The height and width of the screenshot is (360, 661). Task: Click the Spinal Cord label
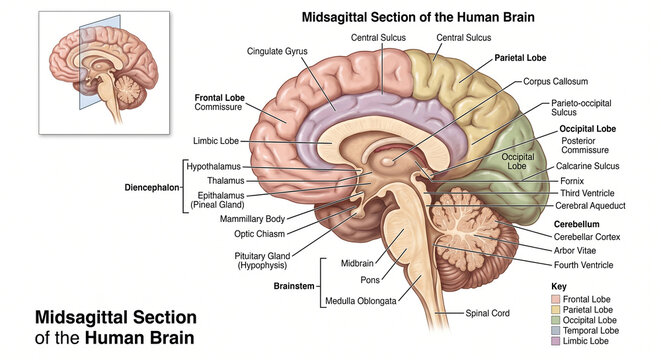(x=487, y=313)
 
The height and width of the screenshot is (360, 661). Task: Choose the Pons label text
(x=369, y=282)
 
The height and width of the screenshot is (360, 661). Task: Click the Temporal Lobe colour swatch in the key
(x=558, y=330)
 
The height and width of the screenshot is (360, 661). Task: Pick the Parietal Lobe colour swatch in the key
(x=558, y=309)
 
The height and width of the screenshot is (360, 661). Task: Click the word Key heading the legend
(x=560, y=286)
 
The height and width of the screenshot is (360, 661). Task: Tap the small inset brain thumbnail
(x=100, y=73)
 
